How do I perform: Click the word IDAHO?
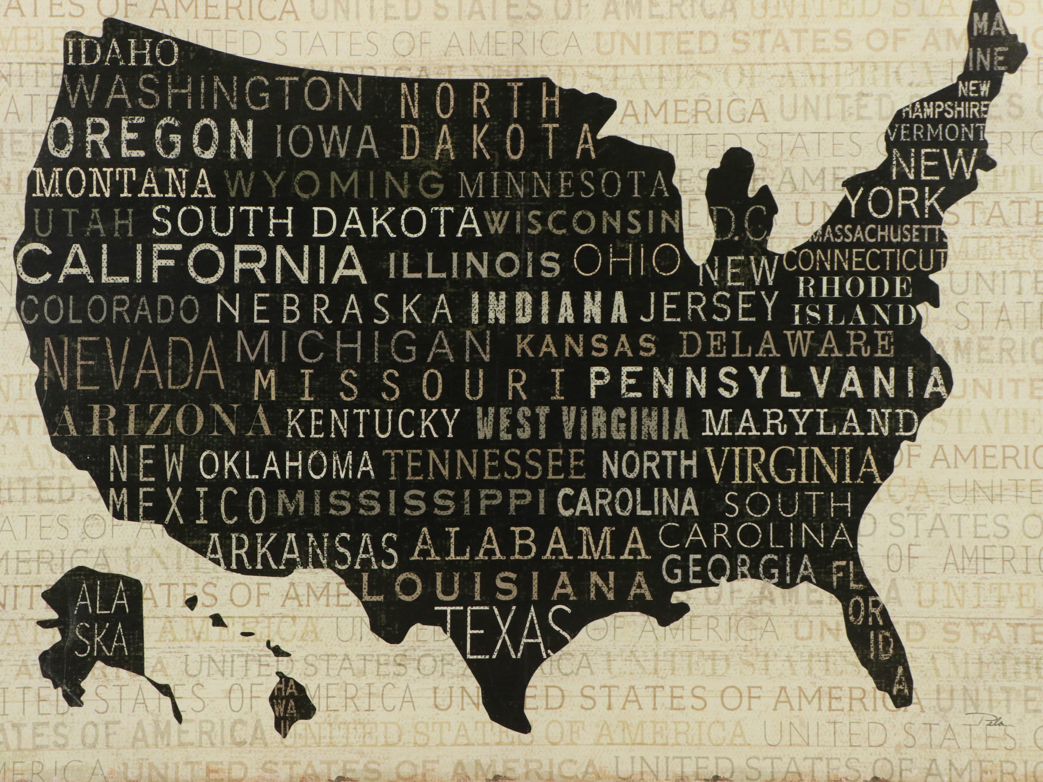coord(124,53)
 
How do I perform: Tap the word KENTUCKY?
coord(373,423)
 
